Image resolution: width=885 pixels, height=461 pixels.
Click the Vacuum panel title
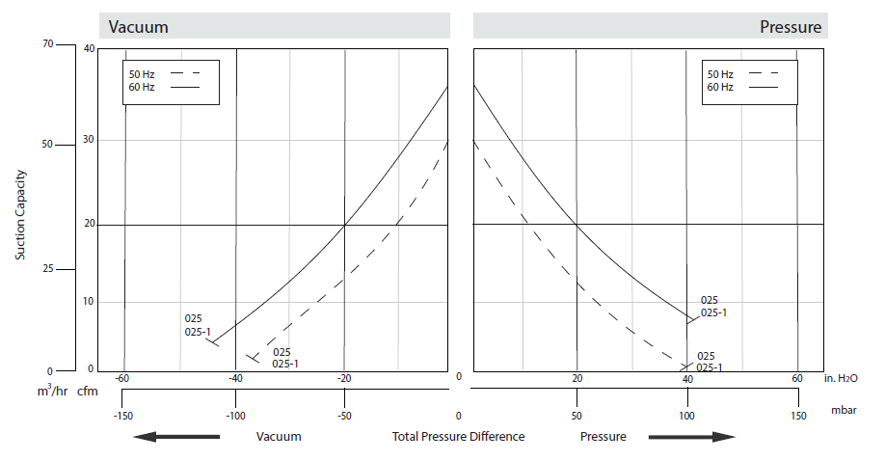click(139, 27)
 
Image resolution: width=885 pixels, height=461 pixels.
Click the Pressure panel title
click(791, 27)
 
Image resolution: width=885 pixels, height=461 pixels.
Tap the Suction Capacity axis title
click(20, 215)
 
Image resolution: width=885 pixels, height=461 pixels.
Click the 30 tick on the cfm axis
click(90, 140)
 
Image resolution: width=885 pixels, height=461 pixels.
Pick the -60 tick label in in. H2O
click(122, 377)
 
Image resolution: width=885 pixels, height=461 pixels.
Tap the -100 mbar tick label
click(235, 416)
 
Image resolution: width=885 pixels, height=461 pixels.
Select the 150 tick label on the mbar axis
click(797, 416)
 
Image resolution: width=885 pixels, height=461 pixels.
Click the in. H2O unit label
click(843, 378)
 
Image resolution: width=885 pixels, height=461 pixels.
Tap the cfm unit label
click(88, 390)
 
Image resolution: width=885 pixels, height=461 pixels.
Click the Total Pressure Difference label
click(459, 437)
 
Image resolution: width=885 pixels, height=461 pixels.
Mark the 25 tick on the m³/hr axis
click(48, 269)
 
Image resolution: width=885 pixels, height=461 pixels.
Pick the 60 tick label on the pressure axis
click(797, 378)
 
